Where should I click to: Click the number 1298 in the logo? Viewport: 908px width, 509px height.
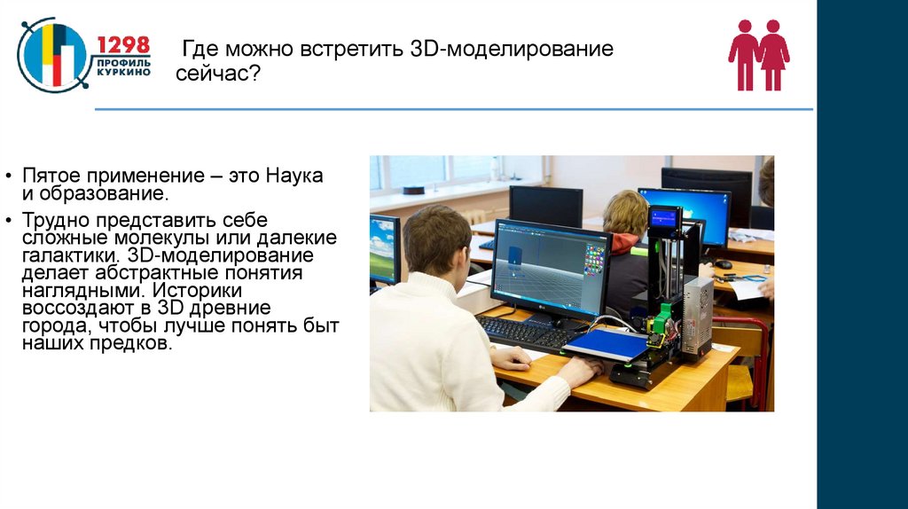click(x=123, y=46)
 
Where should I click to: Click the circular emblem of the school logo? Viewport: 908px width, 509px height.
click(x=51, y=55)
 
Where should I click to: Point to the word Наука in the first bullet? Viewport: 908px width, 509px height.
click(x=294, y=176)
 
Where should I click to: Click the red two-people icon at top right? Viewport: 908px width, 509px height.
click(x=759, y=55)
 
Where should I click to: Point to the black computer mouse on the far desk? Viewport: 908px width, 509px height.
click(x=724, y=263)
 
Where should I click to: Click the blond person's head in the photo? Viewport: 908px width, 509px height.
click(x=626, y=213)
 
